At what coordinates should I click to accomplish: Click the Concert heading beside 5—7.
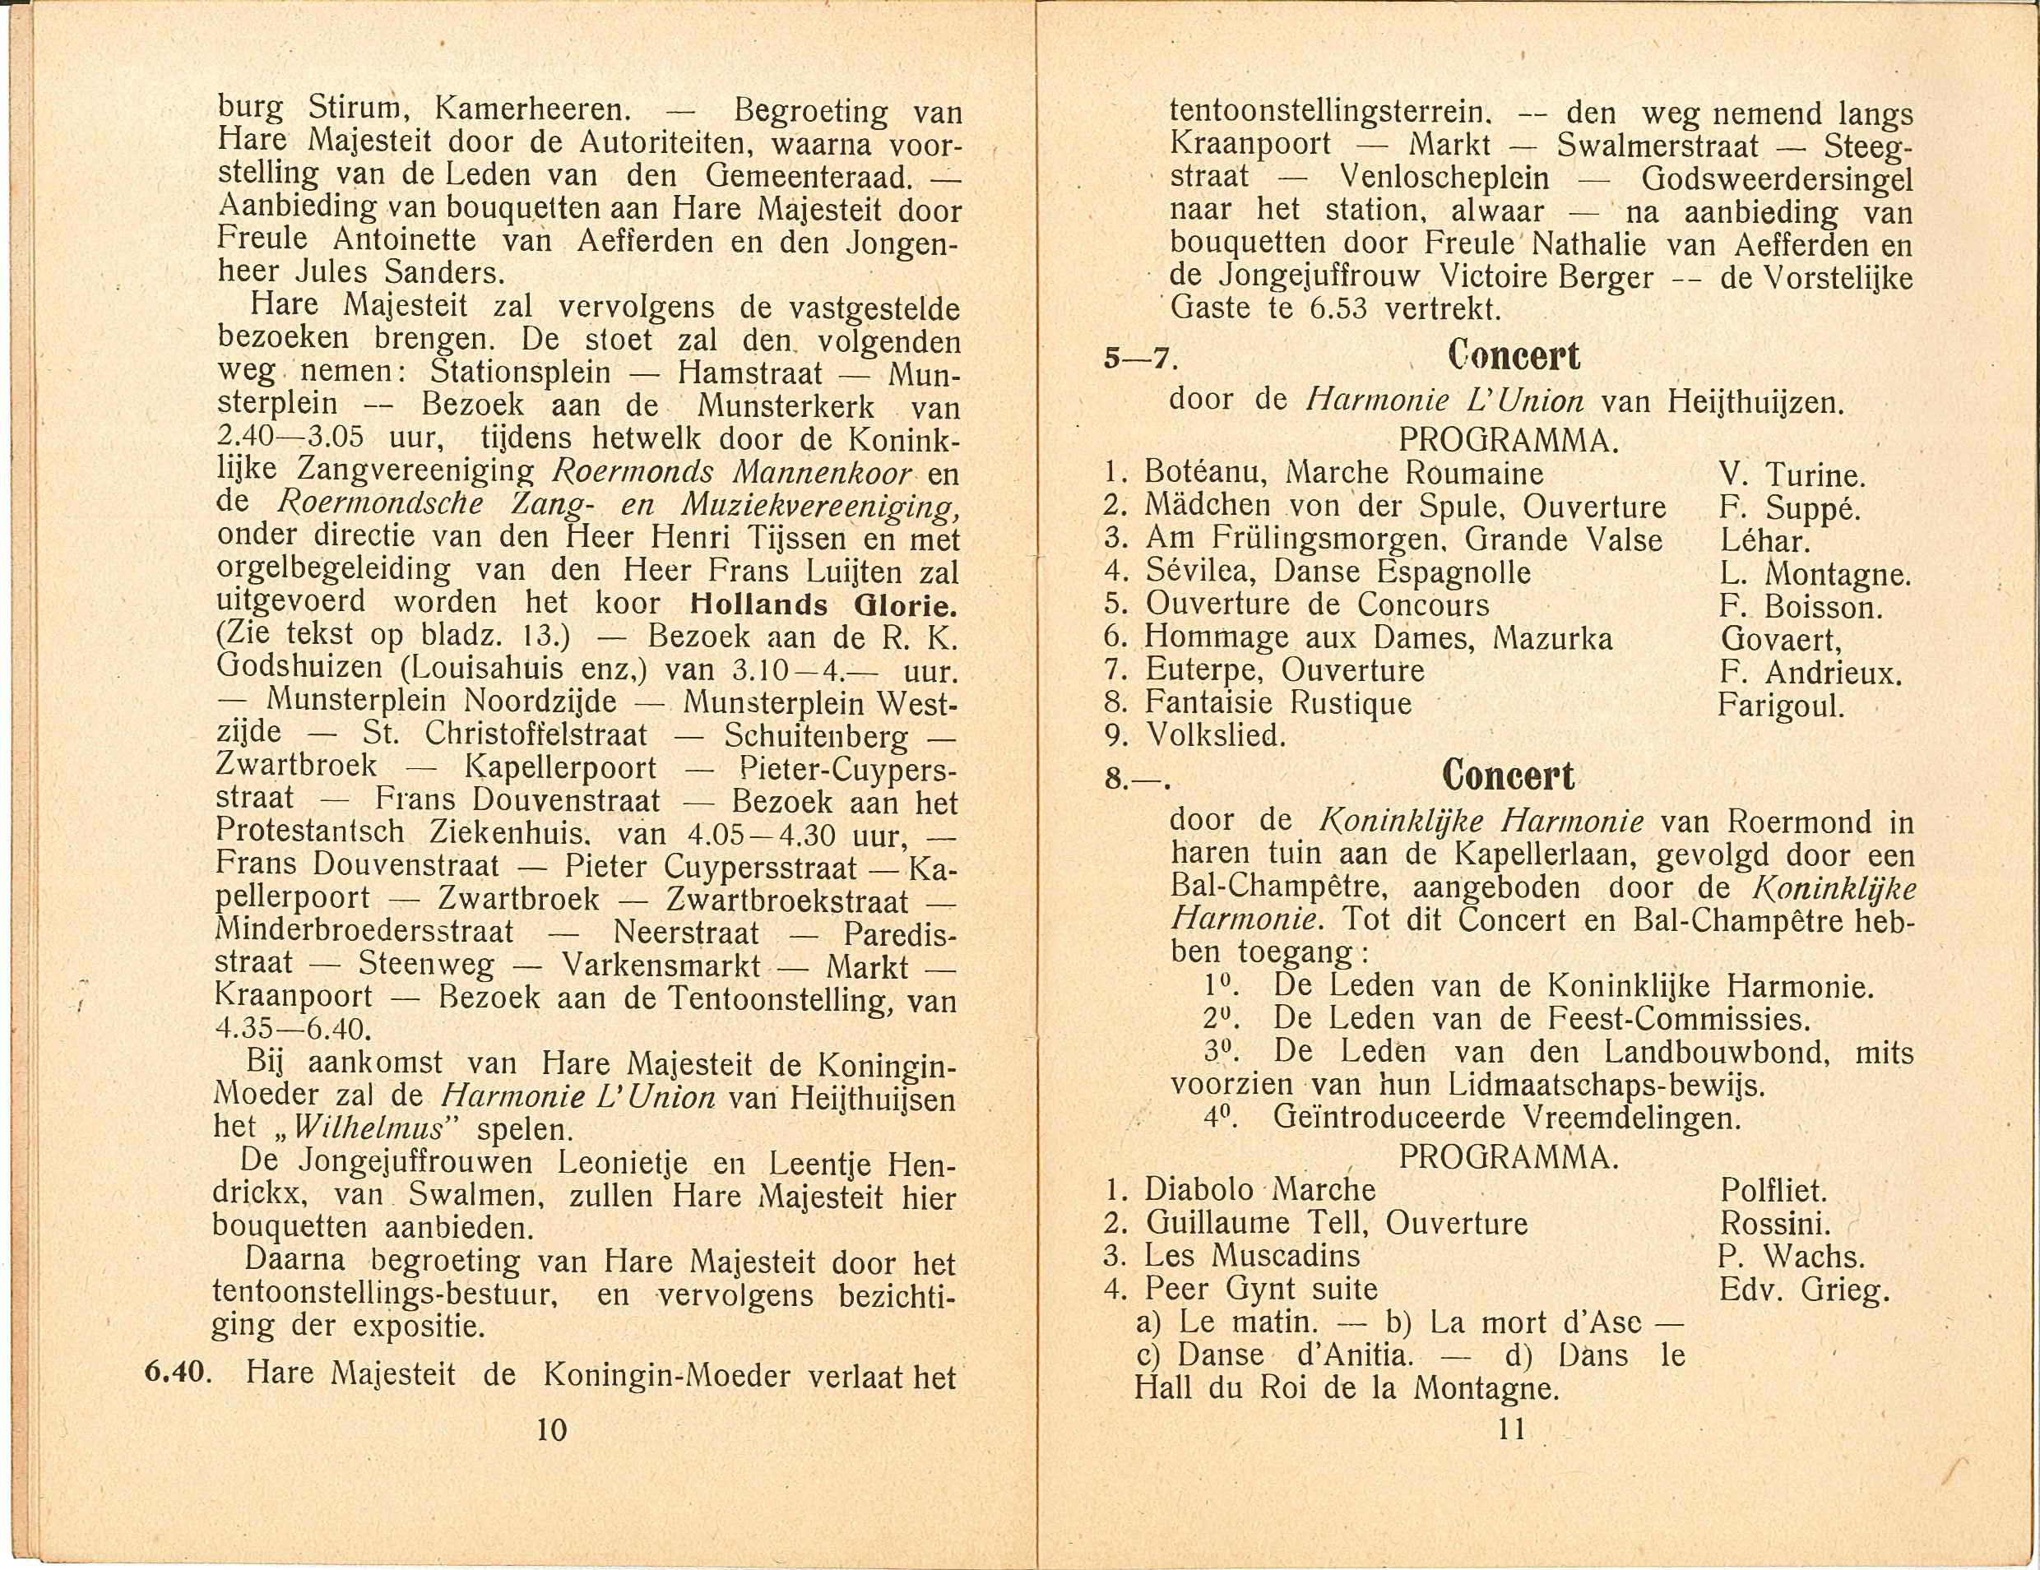[x=1514, y=356]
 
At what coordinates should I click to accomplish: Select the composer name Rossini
[x=1775, y=1224]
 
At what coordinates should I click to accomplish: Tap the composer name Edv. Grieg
[x=1803, y=1290]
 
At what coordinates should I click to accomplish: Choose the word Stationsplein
[x=519, y=373]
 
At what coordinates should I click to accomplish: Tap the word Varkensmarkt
[x=661, y=965]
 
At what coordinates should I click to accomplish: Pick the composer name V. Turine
[x=1792, y=475]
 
